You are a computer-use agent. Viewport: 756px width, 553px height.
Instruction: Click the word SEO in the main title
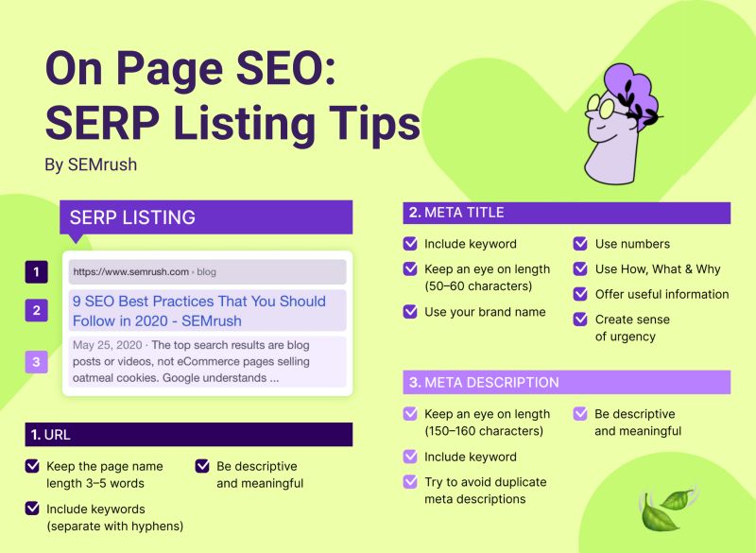point(280,68)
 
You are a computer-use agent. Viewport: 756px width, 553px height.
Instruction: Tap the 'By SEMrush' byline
point(91,164)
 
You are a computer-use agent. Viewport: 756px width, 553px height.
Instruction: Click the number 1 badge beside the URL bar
point(36,272)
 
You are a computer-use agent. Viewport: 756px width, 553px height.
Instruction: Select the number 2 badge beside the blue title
point(36,310)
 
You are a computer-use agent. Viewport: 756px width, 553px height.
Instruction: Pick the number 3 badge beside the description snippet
point(36,362)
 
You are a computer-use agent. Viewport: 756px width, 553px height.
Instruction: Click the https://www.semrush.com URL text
point(130,272)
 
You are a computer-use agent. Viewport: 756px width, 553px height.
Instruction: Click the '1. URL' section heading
point(51,435)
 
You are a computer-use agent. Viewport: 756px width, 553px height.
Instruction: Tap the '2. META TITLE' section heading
point(456,213)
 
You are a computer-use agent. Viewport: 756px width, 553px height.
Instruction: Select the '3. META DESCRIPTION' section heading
point(484,382)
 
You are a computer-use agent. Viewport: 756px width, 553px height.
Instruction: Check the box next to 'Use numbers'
point(580,244)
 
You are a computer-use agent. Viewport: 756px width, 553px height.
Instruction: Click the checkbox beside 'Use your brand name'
point(410,311)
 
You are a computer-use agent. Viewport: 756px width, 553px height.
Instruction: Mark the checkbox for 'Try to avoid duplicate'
point(410,482)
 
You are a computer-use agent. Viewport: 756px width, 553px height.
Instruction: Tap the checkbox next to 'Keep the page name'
point(32,466)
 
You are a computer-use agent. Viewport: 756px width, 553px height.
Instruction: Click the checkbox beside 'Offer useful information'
point(580,294)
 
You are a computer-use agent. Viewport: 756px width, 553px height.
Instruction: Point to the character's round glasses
point(603,108)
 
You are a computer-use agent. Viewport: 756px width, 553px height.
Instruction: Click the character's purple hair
point(630,92)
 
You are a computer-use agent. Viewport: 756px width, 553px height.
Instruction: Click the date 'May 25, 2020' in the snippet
point(107,345)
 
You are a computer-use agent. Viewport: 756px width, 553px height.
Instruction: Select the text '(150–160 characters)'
point(484,431)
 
